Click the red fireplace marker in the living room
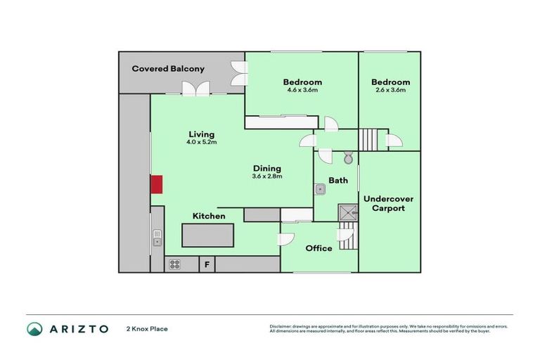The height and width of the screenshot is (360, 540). [x=157, y=184]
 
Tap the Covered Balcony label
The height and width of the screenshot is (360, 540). [x=169, y=69]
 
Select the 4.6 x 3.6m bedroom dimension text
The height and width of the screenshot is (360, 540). [x=302, y=90]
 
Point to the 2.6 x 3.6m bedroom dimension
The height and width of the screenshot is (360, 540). [x=390, y=90]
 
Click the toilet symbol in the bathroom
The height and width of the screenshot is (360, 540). [x=347, y=157]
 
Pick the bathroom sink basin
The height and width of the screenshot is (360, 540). [x=321, y=188]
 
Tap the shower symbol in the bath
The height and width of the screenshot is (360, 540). [x=347, y=212]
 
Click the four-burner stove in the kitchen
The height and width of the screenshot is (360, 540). [x=174, y=264]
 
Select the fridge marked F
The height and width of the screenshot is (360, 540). [x=207, y=264]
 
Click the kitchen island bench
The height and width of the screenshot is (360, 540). [x=208, y=235]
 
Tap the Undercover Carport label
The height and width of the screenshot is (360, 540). [x=388, y=204]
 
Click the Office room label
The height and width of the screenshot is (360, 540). [x=319, y=248]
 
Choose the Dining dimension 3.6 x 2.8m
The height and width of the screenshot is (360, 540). [x=267, y=176]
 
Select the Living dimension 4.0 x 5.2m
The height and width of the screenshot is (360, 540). [x=201, y=142]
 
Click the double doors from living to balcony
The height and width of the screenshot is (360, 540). [x=195, y=89]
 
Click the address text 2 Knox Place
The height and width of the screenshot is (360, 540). [x=147, y=328]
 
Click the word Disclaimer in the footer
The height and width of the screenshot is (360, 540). [x=281, y=326]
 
